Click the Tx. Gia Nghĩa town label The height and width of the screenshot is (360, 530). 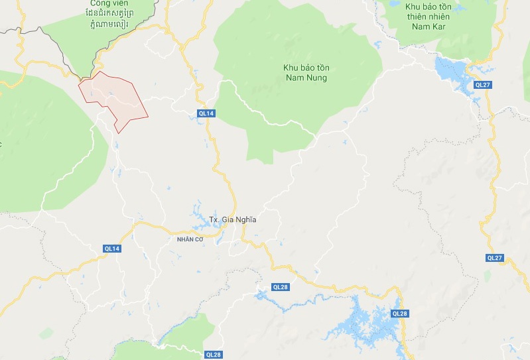(232, 219)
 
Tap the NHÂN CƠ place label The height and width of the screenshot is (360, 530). (189, 239)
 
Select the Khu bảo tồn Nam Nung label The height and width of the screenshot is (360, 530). (306, 73)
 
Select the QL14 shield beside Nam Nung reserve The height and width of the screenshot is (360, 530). (207, 113)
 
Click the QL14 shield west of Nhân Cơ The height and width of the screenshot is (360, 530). (112, 248)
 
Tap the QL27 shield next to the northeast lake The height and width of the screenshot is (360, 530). (482, 85)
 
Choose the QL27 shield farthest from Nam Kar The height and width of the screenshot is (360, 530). (494, 257)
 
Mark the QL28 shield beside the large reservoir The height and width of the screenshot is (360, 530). (400, 313)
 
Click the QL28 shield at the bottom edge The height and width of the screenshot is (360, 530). (213, 355)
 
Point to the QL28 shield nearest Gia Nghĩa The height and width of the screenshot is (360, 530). (281, 287)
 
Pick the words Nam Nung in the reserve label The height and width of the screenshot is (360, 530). (306, 78)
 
